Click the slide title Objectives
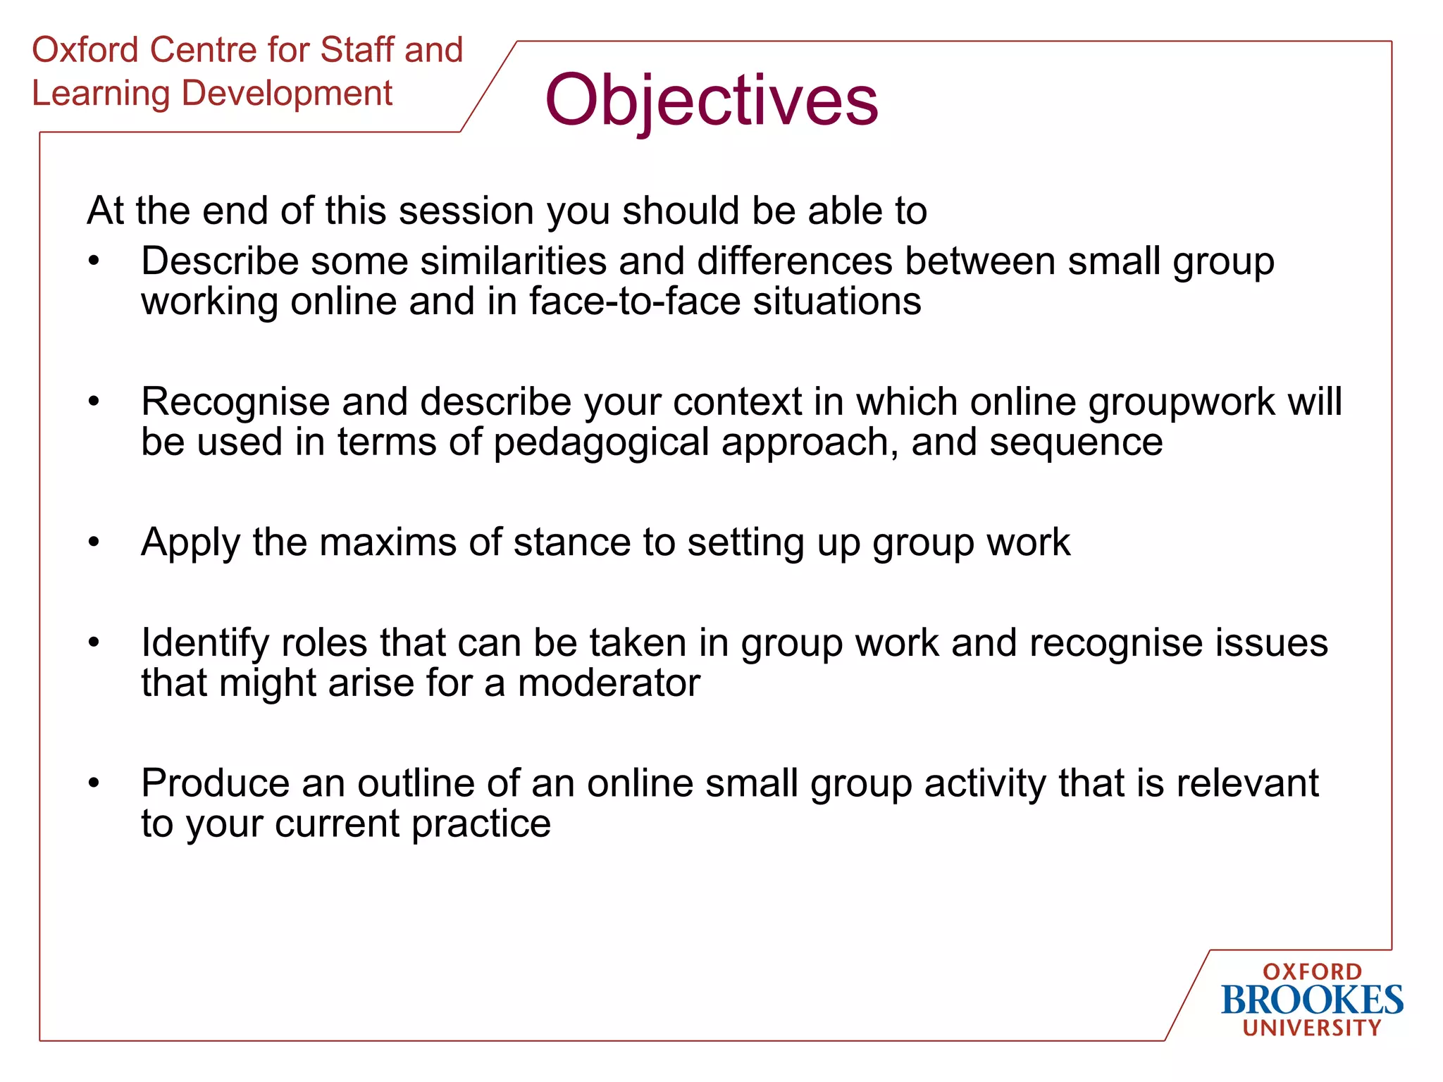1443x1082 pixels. coord(712,100)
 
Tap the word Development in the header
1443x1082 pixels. coord(287,94)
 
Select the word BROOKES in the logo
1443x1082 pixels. coord(1312,1000)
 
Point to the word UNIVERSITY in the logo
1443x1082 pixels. coord(1312,1028)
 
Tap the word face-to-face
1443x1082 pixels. coord(635,301)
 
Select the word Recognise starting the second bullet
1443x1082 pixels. coord(235,402)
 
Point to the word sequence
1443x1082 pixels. coord(1075,442)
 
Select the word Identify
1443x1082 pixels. coord(205,643)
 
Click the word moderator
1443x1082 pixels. coord(609,683)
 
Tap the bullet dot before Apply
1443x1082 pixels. coord(94,542)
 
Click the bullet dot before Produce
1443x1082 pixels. coord(94,783)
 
